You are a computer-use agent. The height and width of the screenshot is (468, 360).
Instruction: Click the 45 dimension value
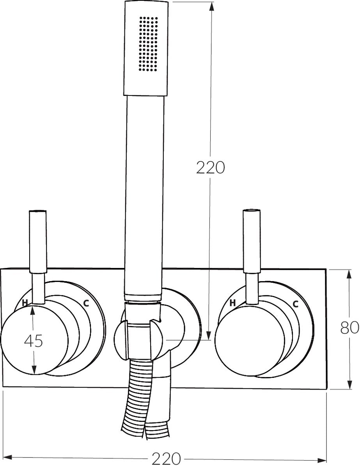[x=33, y=341]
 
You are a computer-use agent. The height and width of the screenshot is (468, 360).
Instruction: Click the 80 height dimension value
[x=349, y=328]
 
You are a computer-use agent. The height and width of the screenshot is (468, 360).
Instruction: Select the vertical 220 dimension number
[x=211, y=168]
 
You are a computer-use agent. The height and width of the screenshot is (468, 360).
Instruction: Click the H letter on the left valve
[x=25, y=303]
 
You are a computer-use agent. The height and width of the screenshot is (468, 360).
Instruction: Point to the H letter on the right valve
[x=233, y=303]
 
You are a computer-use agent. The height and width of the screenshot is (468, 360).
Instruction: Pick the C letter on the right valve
[x=295, y=304]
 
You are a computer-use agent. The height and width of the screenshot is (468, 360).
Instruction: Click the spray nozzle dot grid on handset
[x=149, y=44]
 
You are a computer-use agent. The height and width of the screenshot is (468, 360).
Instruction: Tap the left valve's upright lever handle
[x=37, y=242]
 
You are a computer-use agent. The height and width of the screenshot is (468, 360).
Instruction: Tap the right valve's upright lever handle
[x=251, y=242]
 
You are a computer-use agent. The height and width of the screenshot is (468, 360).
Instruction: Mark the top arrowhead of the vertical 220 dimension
[x=211, y=5]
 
